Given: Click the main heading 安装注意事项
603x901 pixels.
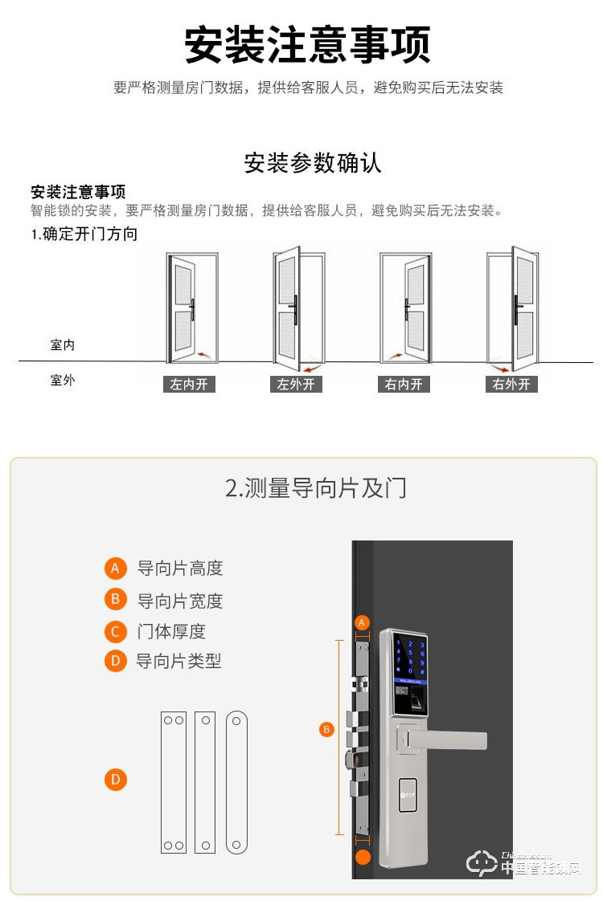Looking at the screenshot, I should click(307, 45).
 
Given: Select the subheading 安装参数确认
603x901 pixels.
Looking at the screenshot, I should click(313, 163).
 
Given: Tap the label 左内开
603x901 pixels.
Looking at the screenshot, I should click(189, 385).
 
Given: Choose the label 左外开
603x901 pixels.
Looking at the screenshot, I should click(296, 385).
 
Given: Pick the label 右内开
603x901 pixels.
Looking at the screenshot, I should click(403, 385).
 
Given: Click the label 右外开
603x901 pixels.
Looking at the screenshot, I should click(511, 385).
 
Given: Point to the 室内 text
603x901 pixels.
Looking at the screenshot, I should click(62, 344).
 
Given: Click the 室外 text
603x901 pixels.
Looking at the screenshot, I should click(62, 380).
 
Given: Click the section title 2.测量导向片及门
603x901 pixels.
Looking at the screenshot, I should click(315, 487).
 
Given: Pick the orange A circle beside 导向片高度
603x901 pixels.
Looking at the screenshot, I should click(116, 569).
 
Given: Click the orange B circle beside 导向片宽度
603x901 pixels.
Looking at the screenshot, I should click(116, 600).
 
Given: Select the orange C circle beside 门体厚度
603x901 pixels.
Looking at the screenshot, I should click(116, 631).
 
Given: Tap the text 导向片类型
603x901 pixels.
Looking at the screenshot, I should click(178, 662).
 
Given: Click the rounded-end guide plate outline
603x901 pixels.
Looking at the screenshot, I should click(236, 781).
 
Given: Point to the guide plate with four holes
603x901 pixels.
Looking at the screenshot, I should click(173, 781).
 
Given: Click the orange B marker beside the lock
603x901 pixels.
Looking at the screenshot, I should click(326, 729).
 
